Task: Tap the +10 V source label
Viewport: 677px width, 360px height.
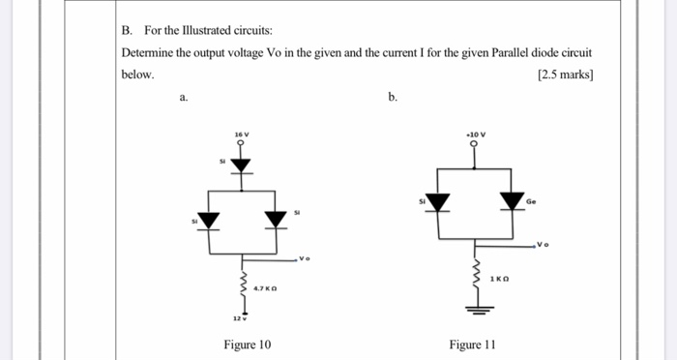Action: (x=475, y=133)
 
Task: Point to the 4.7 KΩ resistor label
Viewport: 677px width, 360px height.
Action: (x=265, y=287)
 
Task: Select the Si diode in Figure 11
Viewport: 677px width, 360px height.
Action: (x=440, y=201)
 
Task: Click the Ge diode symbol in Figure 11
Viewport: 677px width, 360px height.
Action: (x=512, y=200)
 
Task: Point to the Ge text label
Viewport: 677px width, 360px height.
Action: (x=532, y=201)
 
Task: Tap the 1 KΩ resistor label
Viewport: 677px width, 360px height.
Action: (x=500, y=279)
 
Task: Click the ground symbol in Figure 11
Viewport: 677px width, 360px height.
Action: (x=475, y=310)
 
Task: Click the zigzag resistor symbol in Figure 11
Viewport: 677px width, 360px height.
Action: (x=475, y=271)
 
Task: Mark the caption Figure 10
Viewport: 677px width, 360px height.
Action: (x=248, y=344)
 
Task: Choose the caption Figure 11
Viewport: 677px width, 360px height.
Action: (x=472, y=344)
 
